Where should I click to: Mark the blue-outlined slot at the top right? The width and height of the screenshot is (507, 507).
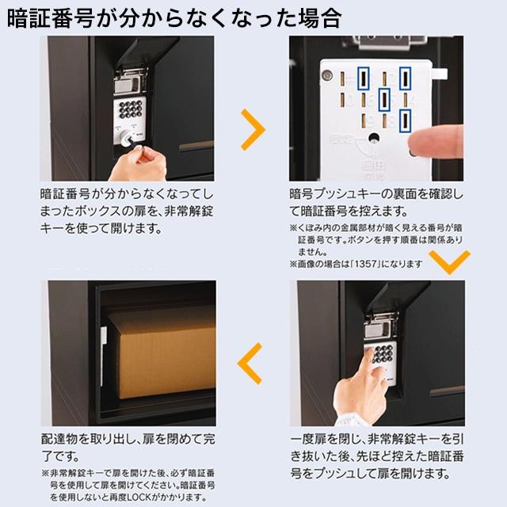pos(404,78)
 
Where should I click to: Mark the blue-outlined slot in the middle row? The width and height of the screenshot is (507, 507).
pos(384,99)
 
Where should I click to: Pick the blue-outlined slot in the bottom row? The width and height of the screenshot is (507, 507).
pos(405,120)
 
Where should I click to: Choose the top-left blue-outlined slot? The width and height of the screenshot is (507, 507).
pos(364,78)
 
